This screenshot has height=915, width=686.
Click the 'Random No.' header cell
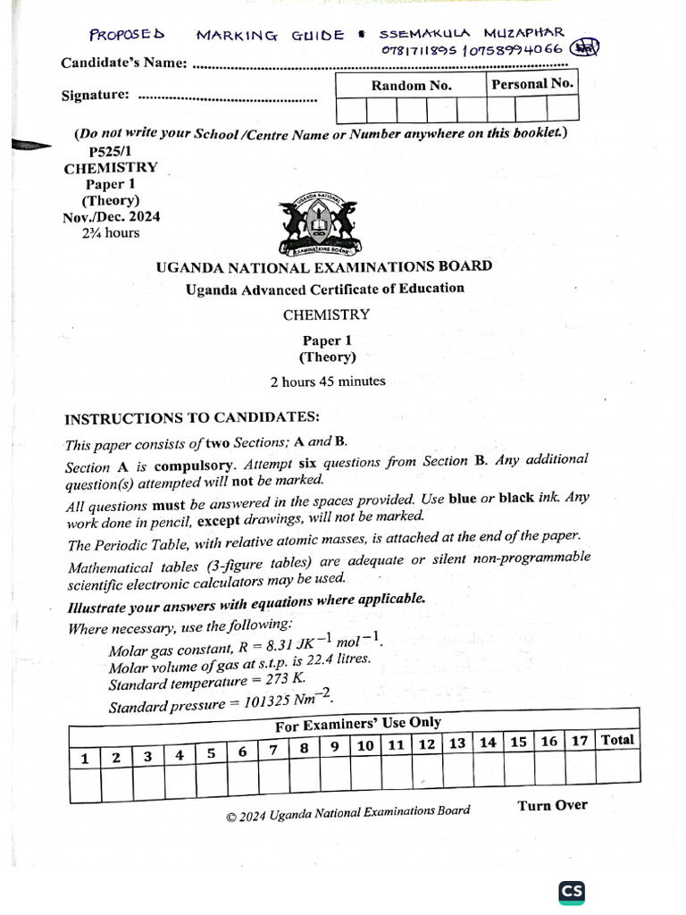click(411, 86)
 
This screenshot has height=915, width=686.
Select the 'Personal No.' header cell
click(532, 84)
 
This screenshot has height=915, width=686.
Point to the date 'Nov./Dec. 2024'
click(112, 216)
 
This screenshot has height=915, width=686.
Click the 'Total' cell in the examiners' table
click(617, 740)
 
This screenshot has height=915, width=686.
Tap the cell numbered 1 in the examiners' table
click(85, 759)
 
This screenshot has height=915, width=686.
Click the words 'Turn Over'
click(552, 805)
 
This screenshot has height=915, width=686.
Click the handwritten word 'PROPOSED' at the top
click(127, 35)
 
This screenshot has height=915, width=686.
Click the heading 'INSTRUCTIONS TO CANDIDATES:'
click(192, 418)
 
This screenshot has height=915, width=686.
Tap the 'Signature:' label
click(95, 95)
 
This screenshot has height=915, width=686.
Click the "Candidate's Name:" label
click(124, 63)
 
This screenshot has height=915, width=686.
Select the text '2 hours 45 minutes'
click(328, 381)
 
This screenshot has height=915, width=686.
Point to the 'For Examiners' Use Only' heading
click(357, 723)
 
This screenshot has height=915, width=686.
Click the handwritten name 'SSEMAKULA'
click(422, 34)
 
